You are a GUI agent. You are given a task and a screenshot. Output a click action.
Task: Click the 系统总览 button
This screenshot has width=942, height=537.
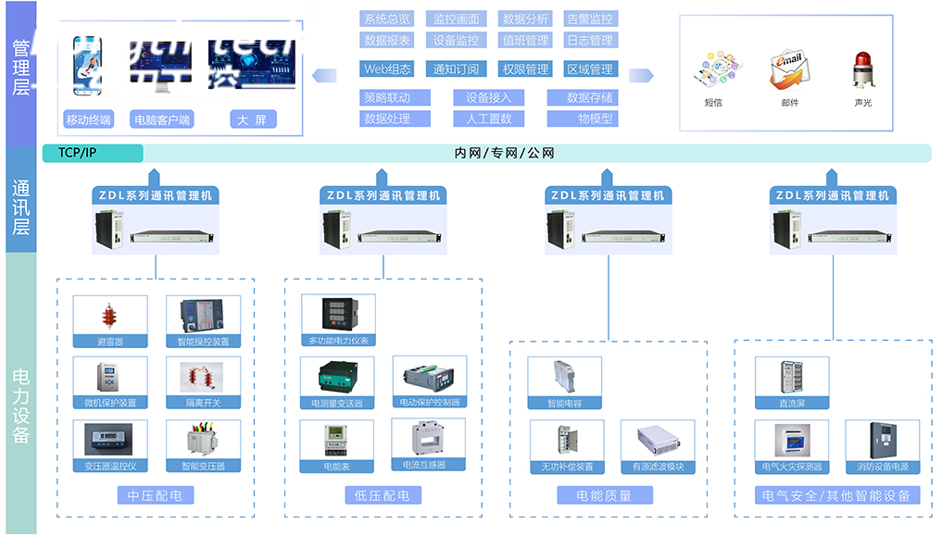(x=387, y=19)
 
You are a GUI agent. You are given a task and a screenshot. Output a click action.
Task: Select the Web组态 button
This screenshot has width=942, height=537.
(x=387, y=69)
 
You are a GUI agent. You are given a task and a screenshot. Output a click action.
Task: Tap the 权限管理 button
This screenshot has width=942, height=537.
(x=525, y=69)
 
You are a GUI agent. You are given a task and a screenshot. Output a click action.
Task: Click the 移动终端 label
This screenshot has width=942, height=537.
(x=89, y=119)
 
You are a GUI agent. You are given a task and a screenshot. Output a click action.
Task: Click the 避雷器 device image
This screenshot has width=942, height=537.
(x=110, y=317)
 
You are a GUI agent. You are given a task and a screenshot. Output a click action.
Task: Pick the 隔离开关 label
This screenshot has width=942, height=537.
(x=204, y=403)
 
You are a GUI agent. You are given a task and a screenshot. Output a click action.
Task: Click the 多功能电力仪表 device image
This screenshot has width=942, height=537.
(x=338, y=315)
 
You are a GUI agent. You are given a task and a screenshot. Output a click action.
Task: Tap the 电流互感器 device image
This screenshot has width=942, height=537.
(x=429, y=439)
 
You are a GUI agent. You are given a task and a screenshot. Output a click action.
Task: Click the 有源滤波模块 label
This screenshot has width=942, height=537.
(x=658, y=467)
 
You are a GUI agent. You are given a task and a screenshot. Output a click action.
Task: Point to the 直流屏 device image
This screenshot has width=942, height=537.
(x=791, y=378)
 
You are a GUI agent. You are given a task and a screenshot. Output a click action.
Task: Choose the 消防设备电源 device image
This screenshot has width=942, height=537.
(x=883, y=441)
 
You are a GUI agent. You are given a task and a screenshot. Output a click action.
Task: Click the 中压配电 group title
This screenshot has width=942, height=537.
(x=156, y=495)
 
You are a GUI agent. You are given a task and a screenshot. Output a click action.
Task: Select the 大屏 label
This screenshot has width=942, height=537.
(x=252, y=119)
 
